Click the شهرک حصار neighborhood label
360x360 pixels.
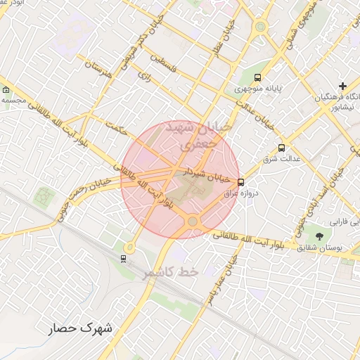[x=82, y=328]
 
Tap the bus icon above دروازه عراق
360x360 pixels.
[x=241, y=181]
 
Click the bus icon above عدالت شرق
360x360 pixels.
[x=282, y=148]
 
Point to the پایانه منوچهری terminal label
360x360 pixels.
[x=257, y=89]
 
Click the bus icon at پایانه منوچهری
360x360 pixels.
[x=258, y=77]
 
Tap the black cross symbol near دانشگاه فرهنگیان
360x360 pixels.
[x=342, y=86]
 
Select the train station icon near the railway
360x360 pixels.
[x=124, y=258]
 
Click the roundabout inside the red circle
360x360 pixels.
[x=192, y=221]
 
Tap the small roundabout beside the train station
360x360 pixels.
[x=129, y=247]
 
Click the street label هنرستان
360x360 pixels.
[x=99, y=72]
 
